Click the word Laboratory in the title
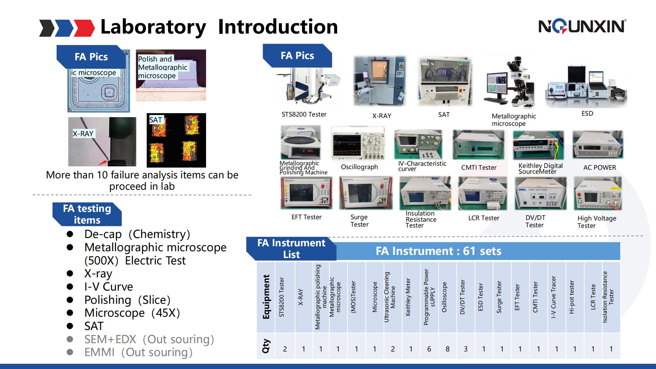(153, 27)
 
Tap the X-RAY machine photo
(380, 81)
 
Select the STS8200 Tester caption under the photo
(304, 114)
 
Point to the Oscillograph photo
(358, 144)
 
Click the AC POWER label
(599, 168)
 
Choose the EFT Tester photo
(306, 193)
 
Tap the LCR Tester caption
(484, 218)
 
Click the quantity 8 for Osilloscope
(447, 349)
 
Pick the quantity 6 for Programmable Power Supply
(429, 349)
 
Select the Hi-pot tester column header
(571, 297)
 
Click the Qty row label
(266, 346)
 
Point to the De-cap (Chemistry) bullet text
(137, 234)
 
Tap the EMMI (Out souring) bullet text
(138, 352)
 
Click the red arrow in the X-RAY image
(103, 163)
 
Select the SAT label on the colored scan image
(156, 120)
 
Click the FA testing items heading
(87, 214)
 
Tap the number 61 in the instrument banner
(469, 251)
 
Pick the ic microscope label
(93, 73)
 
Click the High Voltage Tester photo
(598, 193)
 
